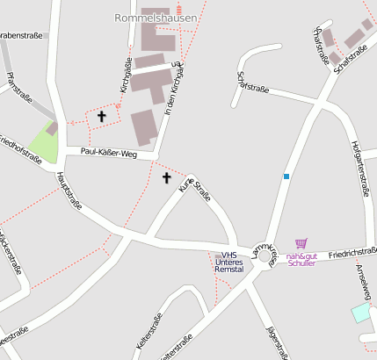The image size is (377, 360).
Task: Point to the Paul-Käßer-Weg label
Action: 109,152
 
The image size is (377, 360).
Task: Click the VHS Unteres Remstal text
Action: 229,262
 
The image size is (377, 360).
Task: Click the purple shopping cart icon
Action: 301,243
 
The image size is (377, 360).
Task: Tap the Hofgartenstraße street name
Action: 359,167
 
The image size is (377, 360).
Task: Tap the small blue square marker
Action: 286,176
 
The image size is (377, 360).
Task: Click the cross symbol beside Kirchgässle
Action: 101,116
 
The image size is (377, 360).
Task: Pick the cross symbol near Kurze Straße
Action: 167,178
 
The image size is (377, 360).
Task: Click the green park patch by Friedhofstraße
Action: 44,143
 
